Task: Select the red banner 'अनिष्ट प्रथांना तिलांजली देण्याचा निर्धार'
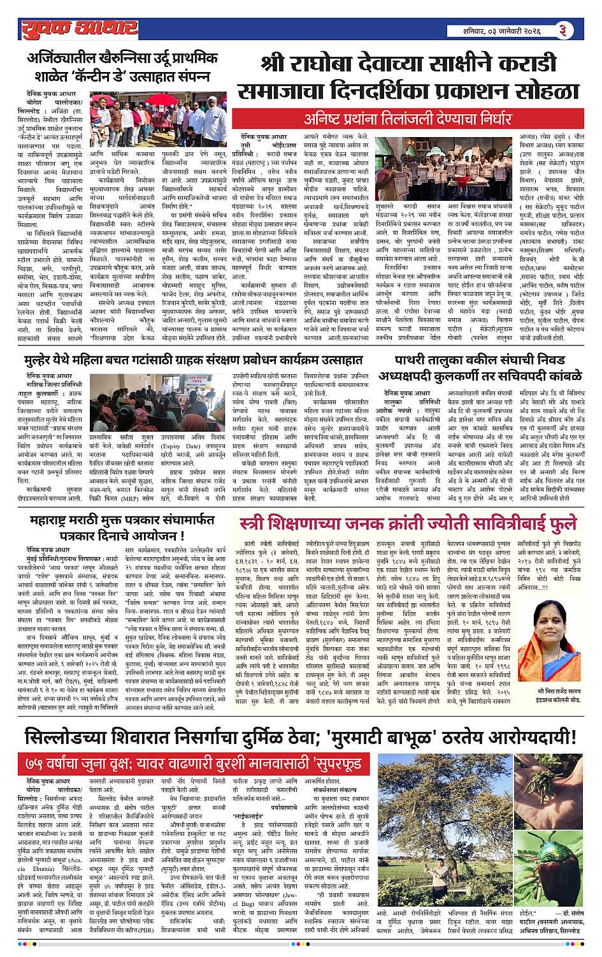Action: point(408,119)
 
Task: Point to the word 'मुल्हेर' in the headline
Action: point(46,360)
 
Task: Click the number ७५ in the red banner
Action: point(36,763)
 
